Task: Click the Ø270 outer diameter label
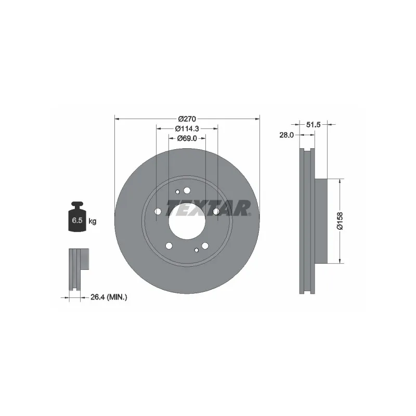pos(187,119)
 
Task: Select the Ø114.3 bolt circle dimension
pos(187,128)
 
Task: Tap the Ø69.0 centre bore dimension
pos(187,138)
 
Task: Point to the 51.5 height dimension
pos(314,124)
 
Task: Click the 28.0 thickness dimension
pos(287,135)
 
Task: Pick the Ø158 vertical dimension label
pos(340,220)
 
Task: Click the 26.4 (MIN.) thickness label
pos(109,297)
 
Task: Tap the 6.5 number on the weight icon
pos(77,220)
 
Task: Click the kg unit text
pos(93,221)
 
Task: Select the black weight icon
pos(77,216)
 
